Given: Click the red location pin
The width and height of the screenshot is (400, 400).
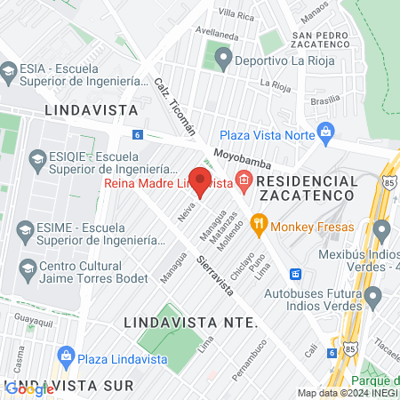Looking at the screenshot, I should coord(200,181).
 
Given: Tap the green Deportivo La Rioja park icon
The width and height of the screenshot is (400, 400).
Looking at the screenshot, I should coord(222,60).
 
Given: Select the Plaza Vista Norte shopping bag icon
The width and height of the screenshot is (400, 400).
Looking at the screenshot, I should coord(326,134).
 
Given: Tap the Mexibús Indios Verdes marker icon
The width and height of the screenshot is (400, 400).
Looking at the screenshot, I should coord(382,231).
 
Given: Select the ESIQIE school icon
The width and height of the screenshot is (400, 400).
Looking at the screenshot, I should coord(37,161).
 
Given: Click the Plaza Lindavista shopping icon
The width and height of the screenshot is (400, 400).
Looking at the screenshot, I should coord(65,358).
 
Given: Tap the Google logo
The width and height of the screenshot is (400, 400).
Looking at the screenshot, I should coord(29,388).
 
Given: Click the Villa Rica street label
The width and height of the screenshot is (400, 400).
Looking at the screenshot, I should coord(236,15).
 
